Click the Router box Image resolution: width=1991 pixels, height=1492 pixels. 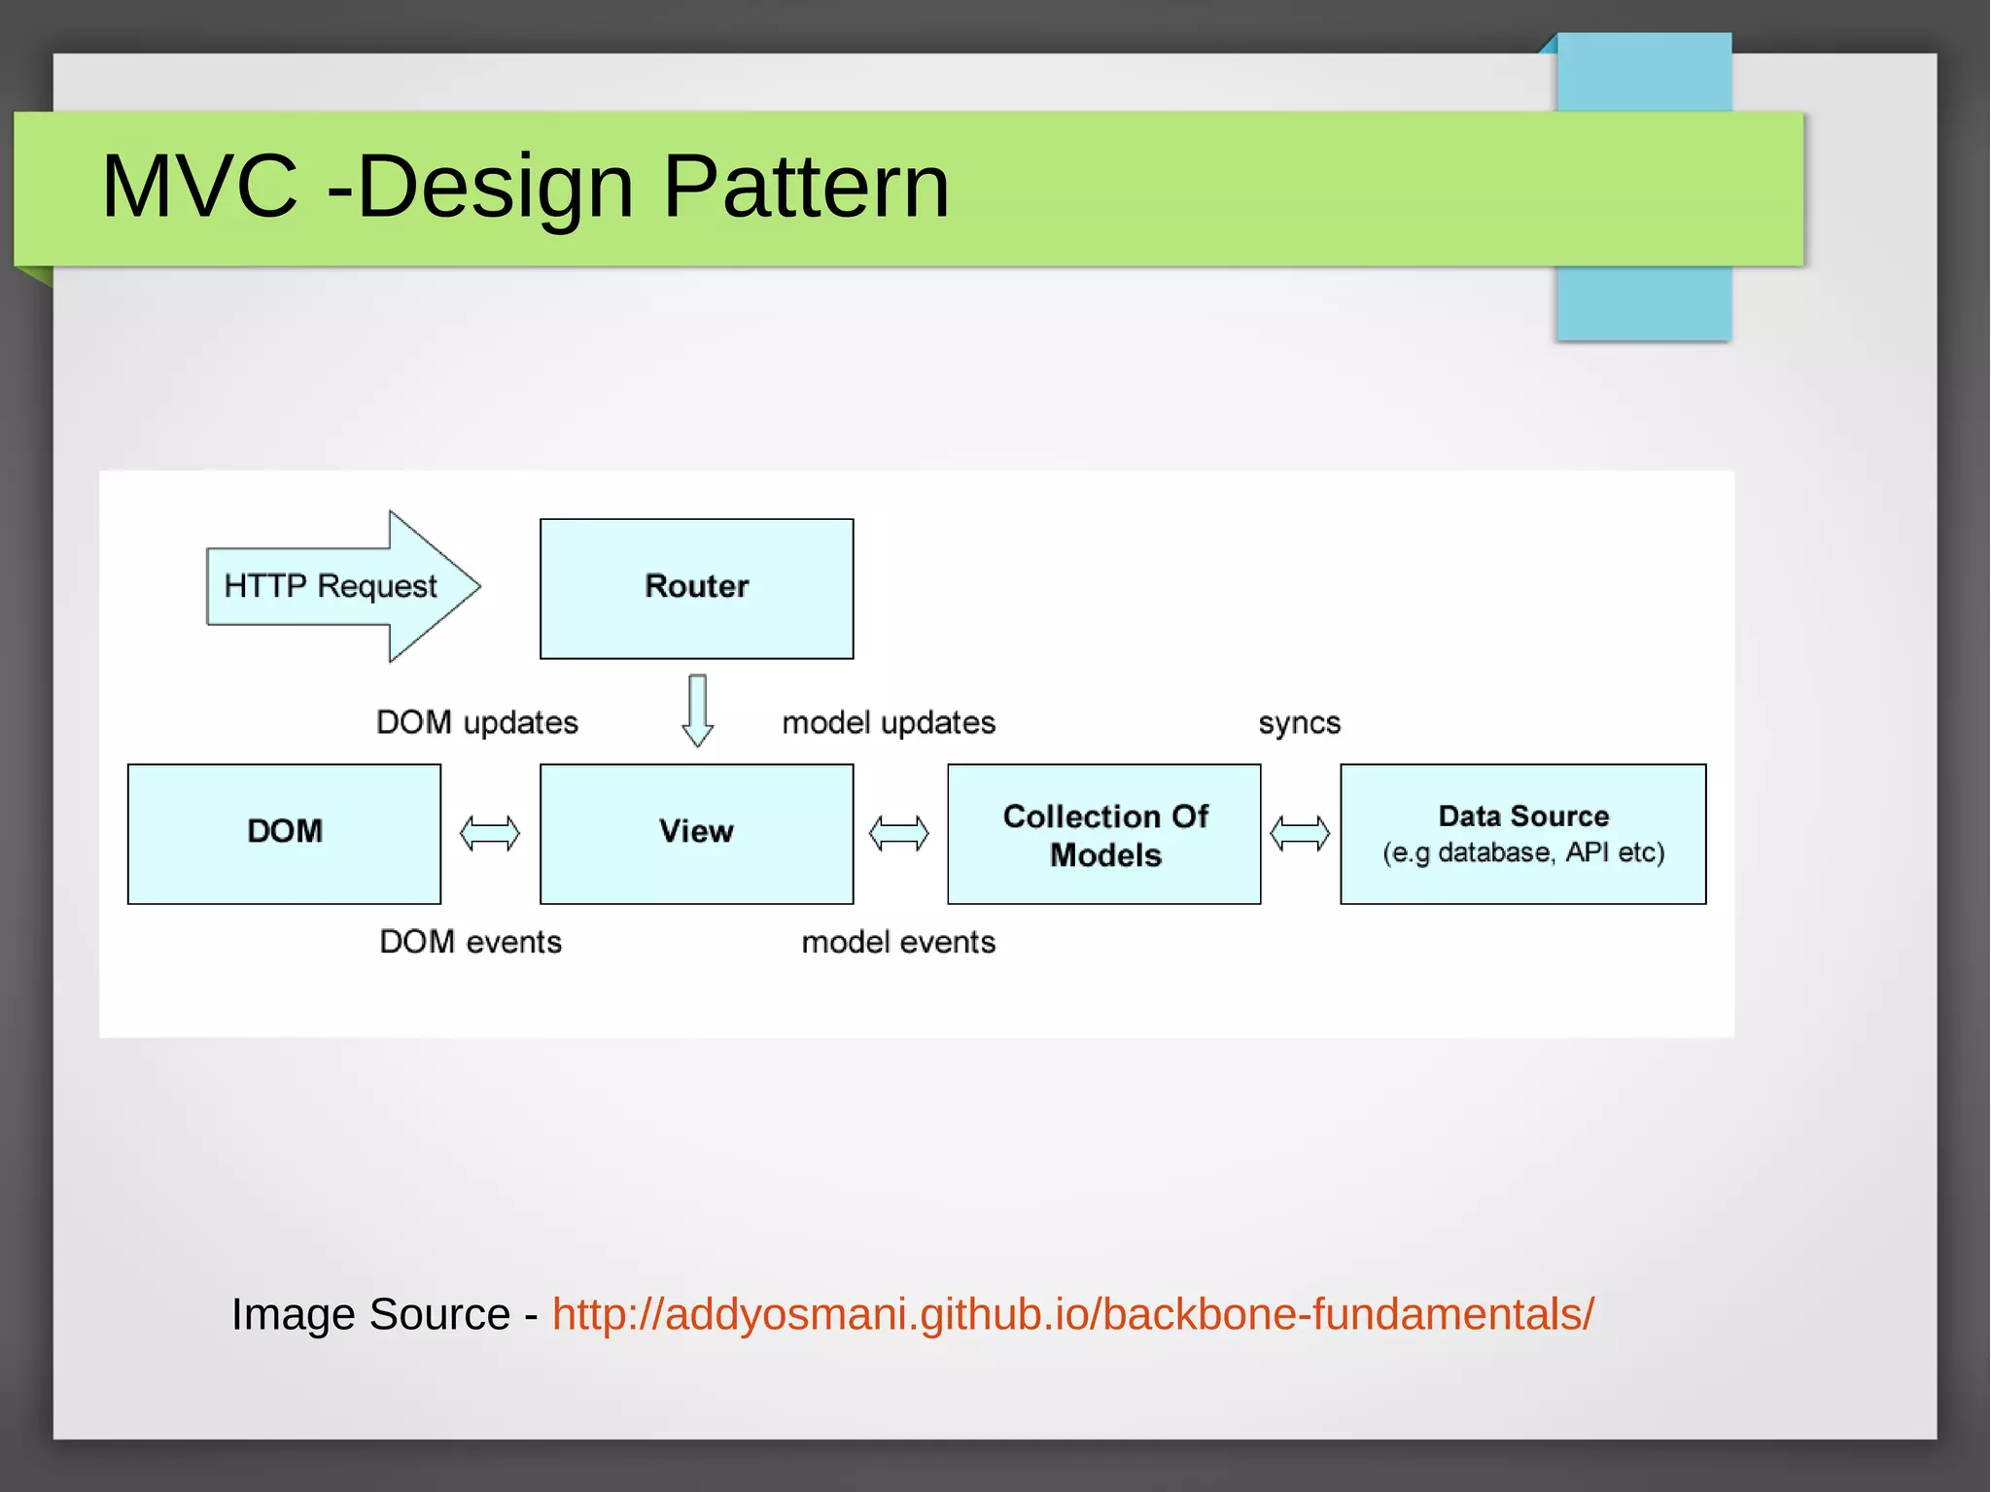696,588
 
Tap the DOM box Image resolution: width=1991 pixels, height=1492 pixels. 284,833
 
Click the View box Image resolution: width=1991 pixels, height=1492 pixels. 696,833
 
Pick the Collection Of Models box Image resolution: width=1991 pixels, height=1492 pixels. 1103,833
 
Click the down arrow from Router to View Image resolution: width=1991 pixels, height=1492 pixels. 697,711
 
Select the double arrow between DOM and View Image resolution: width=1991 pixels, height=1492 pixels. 490,833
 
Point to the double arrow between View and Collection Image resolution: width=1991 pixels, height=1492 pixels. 899,833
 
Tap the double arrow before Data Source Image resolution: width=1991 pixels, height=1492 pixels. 1300,833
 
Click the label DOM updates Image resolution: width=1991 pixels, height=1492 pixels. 476,722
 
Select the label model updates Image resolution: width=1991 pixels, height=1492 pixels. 889,722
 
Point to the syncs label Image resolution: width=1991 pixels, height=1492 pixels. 1299,723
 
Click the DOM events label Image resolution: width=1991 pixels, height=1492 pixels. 471,941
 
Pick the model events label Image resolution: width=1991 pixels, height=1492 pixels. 898,941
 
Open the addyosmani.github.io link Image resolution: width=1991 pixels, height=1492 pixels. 1072,1314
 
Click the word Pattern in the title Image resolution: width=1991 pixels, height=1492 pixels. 805,186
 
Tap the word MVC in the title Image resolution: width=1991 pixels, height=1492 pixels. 199,186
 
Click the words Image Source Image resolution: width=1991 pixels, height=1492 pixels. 370,1314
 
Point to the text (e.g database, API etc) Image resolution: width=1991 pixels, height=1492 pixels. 1523,852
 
